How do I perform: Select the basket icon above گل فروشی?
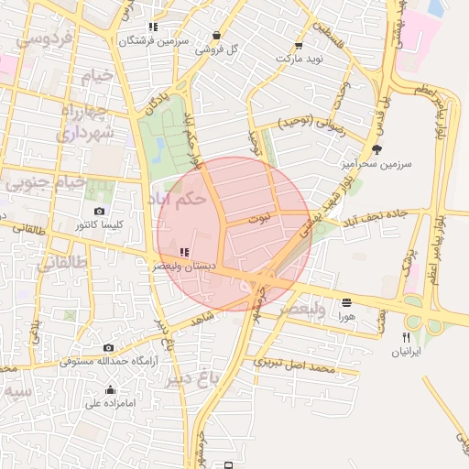(x=216, y=36)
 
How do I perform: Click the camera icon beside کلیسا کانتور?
(x=99, y=212)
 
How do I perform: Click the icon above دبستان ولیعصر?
(x=184, y=251)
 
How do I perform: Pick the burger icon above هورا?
(x=345, y=302)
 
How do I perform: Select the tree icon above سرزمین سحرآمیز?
(x=376, y=149)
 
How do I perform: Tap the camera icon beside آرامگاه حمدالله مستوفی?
(x=109, y=347)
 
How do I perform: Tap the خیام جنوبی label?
(x=46, y=182)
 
